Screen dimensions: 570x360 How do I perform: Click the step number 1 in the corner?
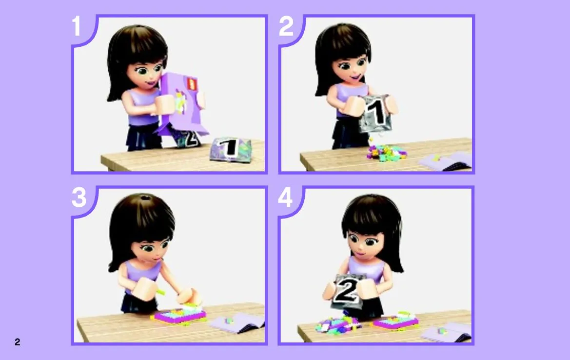tap(76, 26)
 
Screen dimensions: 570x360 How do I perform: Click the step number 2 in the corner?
tap(286, 26)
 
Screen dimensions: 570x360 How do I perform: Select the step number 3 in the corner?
tap(79, 198)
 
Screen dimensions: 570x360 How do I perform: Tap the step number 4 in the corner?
tap(285, 198)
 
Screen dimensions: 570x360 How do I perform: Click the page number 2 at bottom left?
tap(17, 342)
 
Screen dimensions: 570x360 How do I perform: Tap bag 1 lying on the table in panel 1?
tap(231, 149)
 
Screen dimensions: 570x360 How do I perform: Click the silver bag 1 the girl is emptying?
tap(375, 114)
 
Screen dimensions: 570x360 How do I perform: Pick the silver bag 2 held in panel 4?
tap(348, 291)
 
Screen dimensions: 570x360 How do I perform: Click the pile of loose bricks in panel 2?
tap(386, 153)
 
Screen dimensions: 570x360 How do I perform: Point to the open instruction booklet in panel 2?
tap(445, 160)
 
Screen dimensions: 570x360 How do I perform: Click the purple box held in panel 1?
tap(180, 104)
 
